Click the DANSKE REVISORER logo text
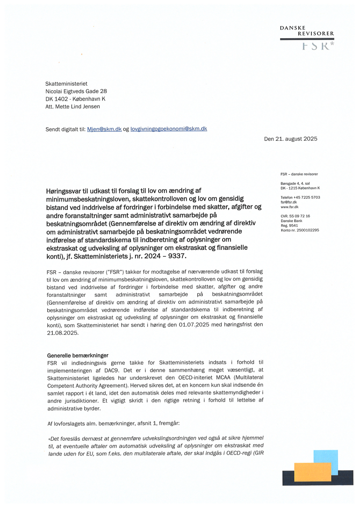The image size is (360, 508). click(307, 30)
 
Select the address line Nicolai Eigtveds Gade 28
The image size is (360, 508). click(76, 91)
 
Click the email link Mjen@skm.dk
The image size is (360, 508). click(104, 129)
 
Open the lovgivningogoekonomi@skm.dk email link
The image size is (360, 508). click(169, 129)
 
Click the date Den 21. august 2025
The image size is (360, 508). click(290, 139)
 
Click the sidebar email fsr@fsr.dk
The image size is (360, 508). click(289, 202)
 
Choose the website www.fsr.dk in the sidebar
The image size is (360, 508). click(290, 207)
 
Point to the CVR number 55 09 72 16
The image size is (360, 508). click(301, 216)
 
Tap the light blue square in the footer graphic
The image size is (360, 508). click(326, 458)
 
